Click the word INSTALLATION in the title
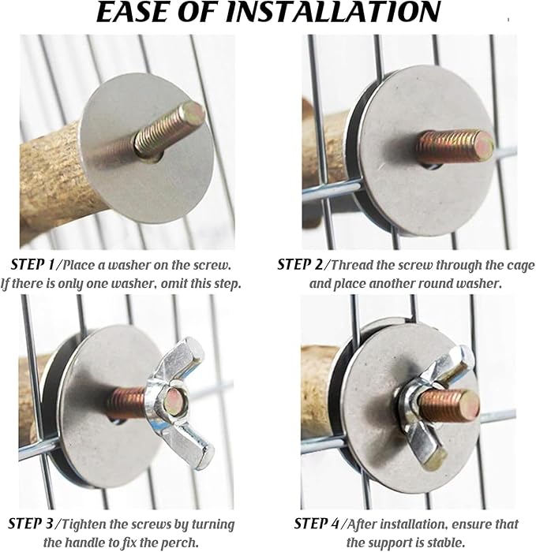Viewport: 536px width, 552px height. tap(332, 12)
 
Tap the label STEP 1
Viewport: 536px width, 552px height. tap(32, 264)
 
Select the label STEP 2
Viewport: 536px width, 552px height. tap(299, 264)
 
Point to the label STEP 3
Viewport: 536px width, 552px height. tap(30, 524)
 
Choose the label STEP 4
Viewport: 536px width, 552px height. tap(316, 524)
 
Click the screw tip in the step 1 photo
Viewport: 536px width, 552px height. tap(193, 110)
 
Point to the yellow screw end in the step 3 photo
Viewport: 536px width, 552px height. tap(174, 398)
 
